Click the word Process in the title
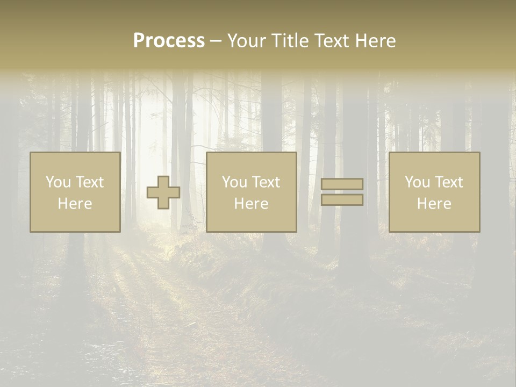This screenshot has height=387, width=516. click(x=169, y=41)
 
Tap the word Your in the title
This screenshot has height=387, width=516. click(x=247, y=41)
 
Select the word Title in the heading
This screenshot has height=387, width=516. click(x=290, y=41)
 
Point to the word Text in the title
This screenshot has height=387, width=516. click(x=333, y=41)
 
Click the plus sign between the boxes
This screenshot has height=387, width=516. click(x=163, y=192)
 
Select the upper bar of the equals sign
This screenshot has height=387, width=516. click(x=342, y=184)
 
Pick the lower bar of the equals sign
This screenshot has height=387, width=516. click(x=342, y=200)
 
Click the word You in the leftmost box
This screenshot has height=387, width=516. click(x=59, y=182)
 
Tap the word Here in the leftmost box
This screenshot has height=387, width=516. click(x=75, y=204)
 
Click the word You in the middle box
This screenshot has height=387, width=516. click(x=235, y=182)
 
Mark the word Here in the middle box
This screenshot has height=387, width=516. click(x=252, y=204)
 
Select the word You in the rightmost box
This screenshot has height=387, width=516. click(x=418, y=182)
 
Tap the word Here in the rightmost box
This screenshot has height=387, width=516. click(x=434, y=204)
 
